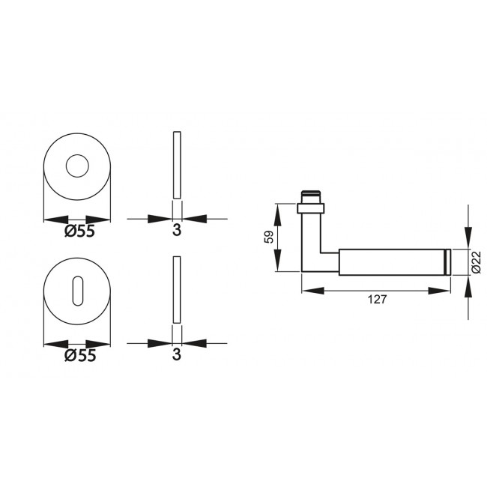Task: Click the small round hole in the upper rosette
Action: (x=76, y=166)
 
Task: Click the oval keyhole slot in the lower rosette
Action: (x=76, y=292)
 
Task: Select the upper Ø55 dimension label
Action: (x=79, y=232)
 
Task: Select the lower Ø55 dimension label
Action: (x=79, y=356)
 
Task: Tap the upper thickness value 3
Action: (x=177, y=232)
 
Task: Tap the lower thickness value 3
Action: (x=177, y=356)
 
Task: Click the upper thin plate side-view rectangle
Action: (x=177, y=166)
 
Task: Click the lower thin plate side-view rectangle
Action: (x=177, y=291)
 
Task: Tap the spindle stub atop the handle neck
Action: (x=310, y=195)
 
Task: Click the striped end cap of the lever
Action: (x=447, y=261)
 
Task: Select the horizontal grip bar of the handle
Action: (x=390, y=261)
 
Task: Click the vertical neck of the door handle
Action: (x=310, y=240)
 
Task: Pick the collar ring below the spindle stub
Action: (x=310, y=205)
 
